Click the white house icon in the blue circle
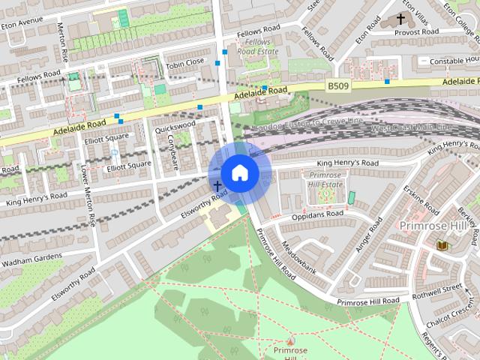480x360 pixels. pyautogui.click(x=239, y=172)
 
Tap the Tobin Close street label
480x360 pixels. pyautogui.click(x=185, y=62)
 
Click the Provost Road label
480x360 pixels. pyautogui.click(x=418, y=31)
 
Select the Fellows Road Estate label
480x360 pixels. pyautogui.click(x=254, y=47)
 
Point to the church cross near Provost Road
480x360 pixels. pyautogui.click(x=400, y=18)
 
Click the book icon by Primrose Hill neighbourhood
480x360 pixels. pyautogui.click(x=442, y=245)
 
